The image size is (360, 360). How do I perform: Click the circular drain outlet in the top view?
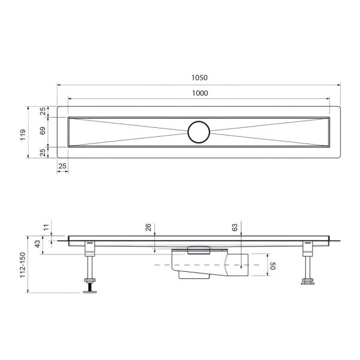[x=199, y=131]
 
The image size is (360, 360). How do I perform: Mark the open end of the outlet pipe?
[x=245, y=265]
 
